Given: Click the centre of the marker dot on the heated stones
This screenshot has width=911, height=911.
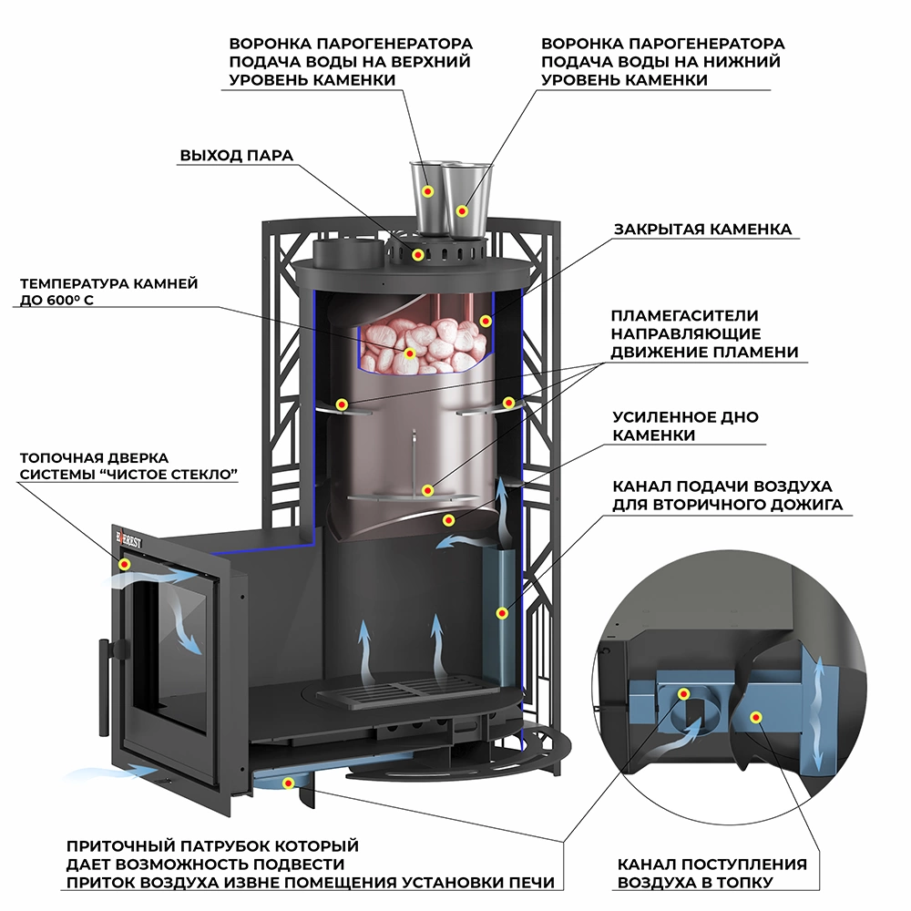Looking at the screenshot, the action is (410, 353).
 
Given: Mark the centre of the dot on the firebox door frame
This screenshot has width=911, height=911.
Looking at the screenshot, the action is (124, 564).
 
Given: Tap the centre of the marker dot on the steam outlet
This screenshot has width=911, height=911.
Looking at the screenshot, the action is (418, 254).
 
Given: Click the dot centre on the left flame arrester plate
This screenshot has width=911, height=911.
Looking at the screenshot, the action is (342, 404).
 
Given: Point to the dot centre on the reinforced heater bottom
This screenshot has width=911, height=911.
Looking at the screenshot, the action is (448, 519).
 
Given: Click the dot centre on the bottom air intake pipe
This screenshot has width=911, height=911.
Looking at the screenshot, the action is (288, 783).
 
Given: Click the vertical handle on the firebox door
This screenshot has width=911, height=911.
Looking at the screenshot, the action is (104, 686).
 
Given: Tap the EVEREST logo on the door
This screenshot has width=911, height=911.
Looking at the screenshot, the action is (128, 540).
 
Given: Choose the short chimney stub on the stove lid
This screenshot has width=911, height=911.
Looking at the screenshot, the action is (347, 254).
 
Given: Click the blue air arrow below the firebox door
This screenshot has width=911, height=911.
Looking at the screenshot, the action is (110, 773).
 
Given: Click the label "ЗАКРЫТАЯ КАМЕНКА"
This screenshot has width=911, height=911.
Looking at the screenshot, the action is (702, 229).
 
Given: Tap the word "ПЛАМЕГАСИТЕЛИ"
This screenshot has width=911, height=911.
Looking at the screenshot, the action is (684, 315).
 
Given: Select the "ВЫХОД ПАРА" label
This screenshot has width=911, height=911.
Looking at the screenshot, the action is (237, 156).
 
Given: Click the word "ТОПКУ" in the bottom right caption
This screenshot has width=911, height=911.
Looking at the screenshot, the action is (745, 883).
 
